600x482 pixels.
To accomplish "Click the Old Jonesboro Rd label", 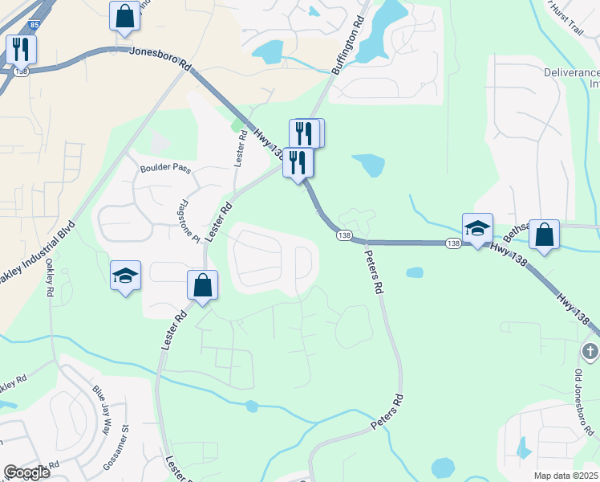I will point(584,402).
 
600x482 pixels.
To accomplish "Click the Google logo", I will point(26,472).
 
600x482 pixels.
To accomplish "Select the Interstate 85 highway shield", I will point(32,26).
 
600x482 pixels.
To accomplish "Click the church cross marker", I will point(590,351).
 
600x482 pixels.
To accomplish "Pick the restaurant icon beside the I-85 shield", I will point(21,50).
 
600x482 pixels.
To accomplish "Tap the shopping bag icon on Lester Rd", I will point(203,285).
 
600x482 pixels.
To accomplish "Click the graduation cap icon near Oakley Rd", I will point(125,276).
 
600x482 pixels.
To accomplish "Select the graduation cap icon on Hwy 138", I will point(477,228).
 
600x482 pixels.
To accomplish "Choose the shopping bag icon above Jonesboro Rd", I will point(125,16).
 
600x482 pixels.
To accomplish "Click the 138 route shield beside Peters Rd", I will point(344,235).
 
